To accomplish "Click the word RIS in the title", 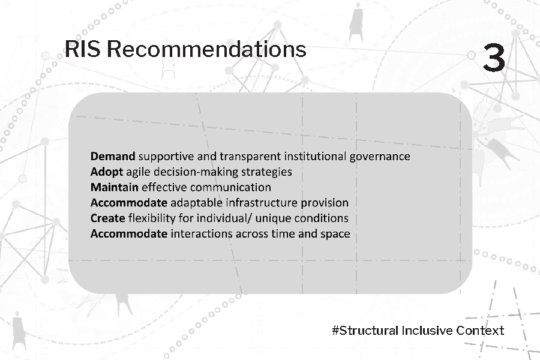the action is (82, 49).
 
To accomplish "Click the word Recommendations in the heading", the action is (206, 49).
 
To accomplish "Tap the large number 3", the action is (494, 58).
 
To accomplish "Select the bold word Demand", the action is (113, 157).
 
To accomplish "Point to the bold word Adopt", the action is (107, 172).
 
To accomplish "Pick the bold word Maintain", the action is (115, 187).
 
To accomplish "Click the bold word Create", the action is (108, 218).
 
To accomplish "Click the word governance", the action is (380, 157).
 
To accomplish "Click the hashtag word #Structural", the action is (365, 331).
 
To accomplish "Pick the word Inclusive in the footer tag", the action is (427, 331).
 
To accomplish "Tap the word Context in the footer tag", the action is (480, 331).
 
